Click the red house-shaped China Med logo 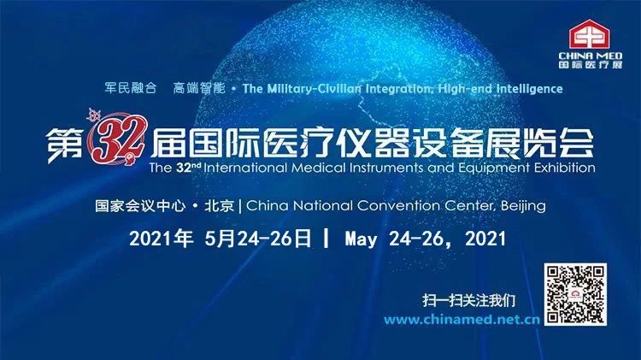point(590,35)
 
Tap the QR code point(575,294)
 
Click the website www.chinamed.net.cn point(462,320)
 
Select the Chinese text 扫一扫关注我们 point(469,301)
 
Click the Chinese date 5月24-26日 point(258,239)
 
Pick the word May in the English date point(361,239)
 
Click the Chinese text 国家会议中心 point(140,205)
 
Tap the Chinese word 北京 point(219,205)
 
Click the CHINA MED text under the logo point(591,56)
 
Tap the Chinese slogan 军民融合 point(131,88)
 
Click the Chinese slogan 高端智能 point(199,88)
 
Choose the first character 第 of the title point(64,144)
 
